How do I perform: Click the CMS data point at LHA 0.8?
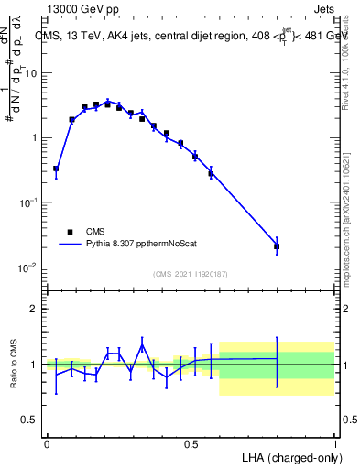tap(277, 246)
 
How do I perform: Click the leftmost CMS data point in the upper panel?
tap(56, 169)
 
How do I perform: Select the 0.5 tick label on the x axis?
tap(191, 443)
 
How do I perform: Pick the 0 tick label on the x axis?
tap(47, 443)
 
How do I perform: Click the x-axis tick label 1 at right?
tap(334, 443)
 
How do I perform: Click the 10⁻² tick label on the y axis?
tap(30, 267)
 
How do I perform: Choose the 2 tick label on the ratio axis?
tap(36, 309)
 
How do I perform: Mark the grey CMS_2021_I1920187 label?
tap(191, 274)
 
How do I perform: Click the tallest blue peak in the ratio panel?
tap(142, 344)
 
